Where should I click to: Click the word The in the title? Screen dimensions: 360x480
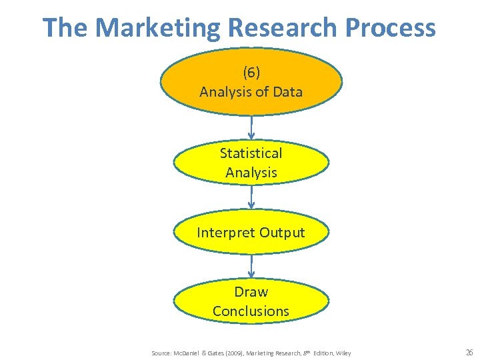click(x=65, y=28)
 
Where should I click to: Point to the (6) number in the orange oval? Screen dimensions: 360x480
click(x=251, y=72)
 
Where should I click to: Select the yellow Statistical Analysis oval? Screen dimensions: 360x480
click(x=251, y=163)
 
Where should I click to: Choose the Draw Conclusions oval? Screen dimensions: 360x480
click(x=251, y=301)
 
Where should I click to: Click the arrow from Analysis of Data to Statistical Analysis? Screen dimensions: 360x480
click(x=251, y=128)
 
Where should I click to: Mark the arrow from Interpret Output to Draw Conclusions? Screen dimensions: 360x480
click(x=251, y=265)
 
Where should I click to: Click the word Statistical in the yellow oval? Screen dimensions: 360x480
click(x=251, y=153)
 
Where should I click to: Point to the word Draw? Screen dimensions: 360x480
click(x=251, y=292)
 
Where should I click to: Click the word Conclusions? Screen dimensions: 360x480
click(x=251, y=311)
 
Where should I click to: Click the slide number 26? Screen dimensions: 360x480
click(x=469, y=352)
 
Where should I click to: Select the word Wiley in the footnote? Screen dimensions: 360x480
click(x=343, y=353)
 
